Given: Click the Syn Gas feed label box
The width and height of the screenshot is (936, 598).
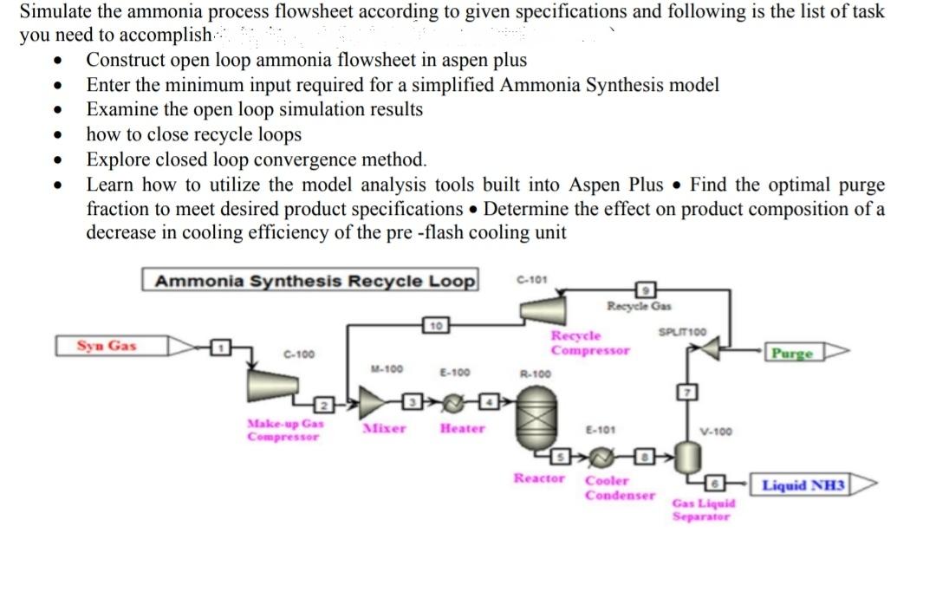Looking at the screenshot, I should click(x=107, y=346).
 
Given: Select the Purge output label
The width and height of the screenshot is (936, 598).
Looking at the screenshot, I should click(x=792, y=353).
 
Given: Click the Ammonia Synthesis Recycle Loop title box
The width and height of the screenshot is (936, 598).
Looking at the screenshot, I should click(x=310, y=281).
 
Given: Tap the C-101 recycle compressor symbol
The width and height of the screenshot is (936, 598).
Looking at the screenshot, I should click(x=541, y=309).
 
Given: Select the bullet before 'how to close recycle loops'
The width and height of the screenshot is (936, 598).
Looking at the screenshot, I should click(x=58, y=135).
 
